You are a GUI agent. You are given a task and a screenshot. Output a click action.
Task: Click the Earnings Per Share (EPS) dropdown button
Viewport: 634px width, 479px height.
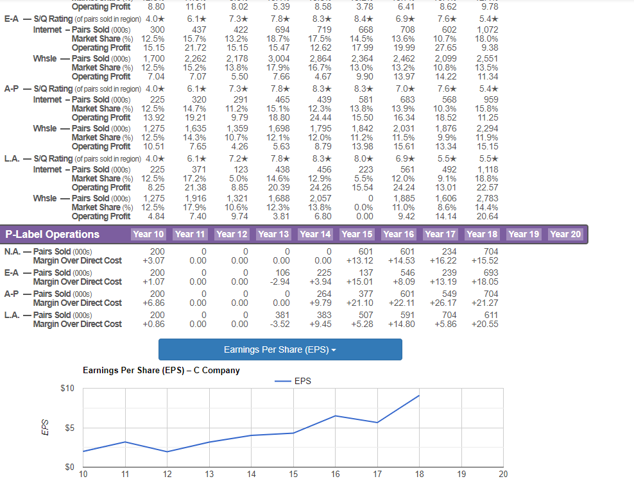(280, 349)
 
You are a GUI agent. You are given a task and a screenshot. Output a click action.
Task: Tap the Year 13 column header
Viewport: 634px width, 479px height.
(273, 234)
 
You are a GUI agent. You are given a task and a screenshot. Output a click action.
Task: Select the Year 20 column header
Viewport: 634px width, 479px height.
(565, 234)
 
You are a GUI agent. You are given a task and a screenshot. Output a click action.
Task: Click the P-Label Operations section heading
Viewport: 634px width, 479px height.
(52, 234)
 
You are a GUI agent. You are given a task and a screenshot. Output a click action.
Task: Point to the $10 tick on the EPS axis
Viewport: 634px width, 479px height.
(67, 388)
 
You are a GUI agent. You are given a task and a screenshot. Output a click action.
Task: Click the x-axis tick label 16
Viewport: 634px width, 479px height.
(335, 474)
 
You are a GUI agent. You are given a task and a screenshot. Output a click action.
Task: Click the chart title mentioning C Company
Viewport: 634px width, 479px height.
(161, 371)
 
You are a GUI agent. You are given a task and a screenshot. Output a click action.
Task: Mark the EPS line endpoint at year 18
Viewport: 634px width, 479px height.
(419, 396)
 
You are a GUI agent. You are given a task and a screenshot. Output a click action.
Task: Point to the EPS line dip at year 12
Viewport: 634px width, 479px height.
(167, 452)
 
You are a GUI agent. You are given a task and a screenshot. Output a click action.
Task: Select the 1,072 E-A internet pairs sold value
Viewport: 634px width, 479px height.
(488, 30)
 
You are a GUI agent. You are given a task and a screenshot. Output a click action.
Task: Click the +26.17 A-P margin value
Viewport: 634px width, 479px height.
(443, 303)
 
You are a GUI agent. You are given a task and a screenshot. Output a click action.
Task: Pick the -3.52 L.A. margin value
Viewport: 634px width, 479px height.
(280, 324)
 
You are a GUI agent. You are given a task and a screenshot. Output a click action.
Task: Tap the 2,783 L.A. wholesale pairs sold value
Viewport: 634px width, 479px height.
(488, 198)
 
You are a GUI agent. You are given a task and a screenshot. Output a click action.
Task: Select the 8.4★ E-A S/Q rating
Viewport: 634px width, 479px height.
(363, 19)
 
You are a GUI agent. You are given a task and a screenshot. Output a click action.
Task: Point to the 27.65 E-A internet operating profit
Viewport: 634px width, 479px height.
(445, 47)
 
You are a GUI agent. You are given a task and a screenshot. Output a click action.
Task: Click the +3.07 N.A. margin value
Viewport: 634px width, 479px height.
(153, 260)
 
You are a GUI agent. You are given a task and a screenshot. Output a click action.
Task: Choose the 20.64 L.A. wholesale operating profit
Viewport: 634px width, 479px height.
(488, 216)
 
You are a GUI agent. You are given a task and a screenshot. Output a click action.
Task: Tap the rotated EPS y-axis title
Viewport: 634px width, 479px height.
(46, 427)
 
